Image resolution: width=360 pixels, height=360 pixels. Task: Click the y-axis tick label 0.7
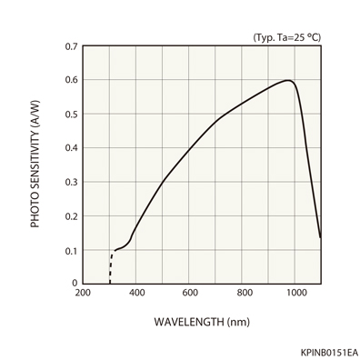[x=70, y=45]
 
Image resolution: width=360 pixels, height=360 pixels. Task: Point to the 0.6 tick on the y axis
[x=70, y=80]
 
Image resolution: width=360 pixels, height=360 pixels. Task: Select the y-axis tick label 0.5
[x=70, y=114]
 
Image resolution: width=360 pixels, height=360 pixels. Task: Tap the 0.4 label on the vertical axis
[x=70, y=147]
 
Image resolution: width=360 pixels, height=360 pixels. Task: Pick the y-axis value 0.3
[x=70, y=182]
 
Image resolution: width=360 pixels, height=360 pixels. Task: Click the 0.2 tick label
[x=70, y=215]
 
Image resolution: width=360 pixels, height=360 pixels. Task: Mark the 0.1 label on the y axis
[x=70, y=250]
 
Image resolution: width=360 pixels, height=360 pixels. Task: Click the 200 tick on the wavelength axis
[x=83, y=293]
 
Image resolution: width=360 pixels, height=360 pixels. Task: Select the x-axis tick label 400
[x=136, y=293]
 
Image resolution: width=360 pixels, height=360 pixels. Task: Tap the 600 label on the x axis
[x=190, y=293]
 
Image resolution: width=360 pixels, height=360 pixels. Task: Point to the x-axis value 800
[x=244, y=293]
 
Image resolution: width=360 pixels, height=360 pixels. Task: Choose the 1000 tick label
[x=296, y=293]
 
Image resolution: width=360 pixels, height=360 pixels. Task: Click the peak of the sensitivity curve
[x=288, y=81]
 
